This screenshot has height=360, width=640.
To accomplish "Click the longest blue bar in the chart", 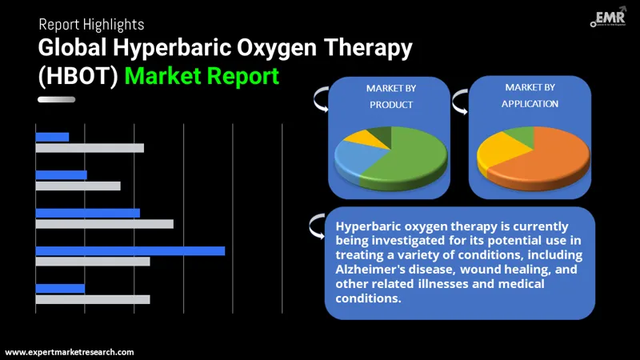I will coord(130,251).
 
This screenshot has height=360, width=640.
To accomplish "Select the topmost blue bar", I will coord(52,137).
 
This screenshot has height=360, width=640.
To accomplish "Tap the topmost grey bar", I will coord(90,148).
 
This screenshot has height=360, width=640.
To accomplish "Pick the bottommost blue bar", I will coord(60,289).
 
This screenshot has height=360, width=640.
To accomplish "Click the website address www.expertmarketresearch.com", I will coord(70,352).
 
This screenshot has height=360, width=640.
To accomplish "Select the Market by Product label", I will coord(390,96).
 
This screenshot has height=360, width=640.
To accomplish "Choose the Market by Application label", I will coord(530,95).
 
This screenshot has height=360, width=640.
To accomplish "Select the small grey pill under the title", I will coord(56,100).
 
